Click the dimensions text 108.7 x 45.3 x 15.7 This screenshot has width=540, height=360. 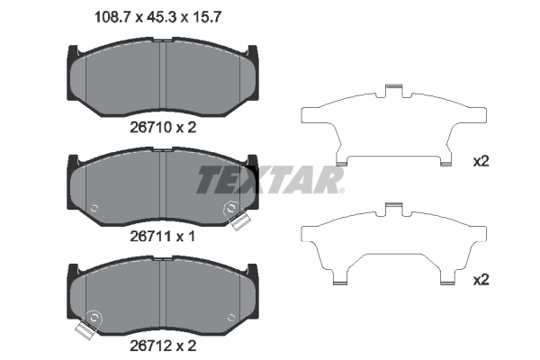click(159, 15)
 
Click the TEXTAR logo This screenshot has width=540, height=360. click(270, 179)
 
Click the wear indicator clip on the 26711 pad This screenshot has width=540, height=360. click(238, 218)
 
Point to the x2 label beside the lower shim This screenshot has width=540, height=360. click(481, 280)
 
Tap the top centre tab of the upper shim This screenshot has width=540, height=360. click(391, 88)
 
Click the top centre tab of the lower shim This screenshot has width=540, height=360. click(391, 208)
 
